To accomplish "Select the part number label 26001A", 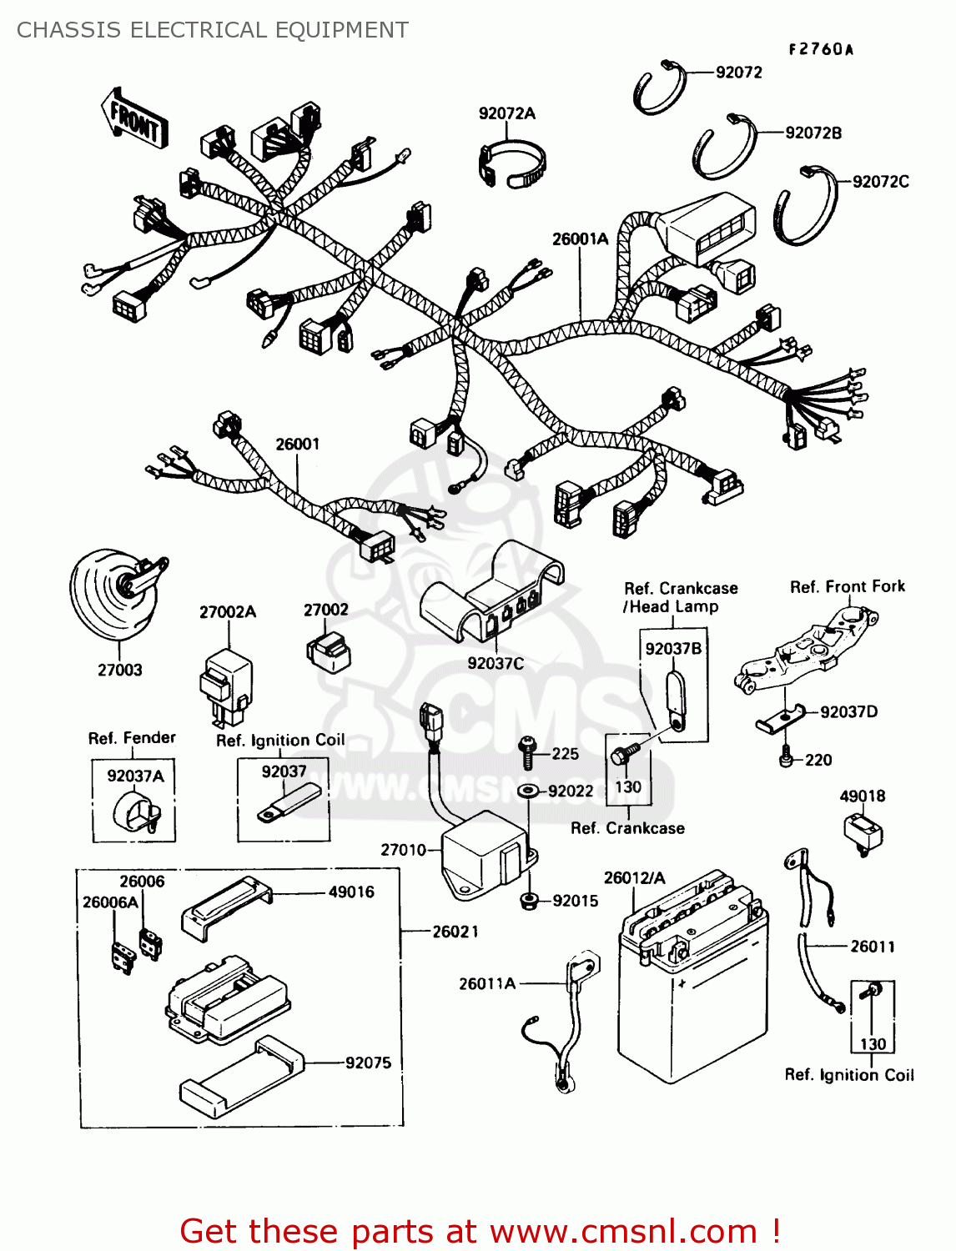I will [x=580, y=239].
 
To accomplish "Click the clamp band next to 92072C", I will [x=805, y=205].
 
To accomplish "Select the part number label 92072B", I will [x=813, y=133].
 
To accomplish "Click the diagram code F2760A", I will [x=821, y=49].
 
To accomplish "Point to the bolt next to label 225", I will [x=526, y=753].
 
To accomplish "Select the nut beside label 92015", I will [x=528, y=901].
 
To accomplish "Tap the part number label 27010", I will [x=403, y=850].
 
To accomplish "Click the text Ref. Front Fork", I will [x=847, y=587].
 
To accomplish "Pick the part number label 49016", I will [x=351, y=892].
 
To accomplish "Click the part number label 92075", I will [x=368, y=1063].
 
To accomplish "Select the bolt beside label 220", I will [x=785, y=759].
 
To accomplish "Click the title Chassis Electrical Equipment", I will [x=213, y=30].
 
